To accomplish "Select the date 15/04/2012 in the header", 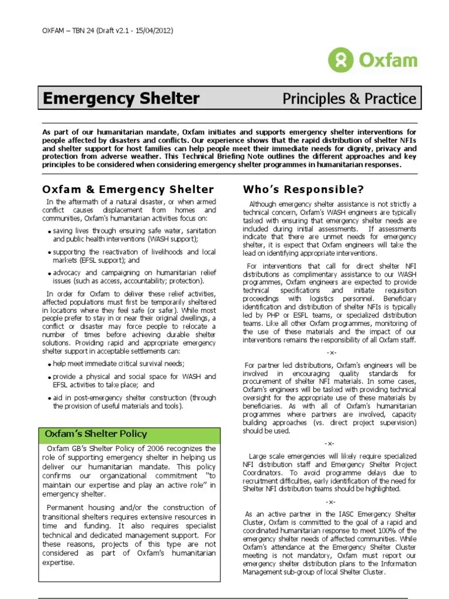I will tap(152, 30).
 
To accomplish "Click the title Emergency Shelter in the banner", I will tap(122, 99).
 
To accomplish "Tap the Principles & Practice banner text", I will tap(349, 99).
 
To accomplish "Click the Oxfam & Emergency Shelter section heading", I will tap(128, 189).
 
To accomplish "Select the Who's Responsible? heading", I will tap(303, 189).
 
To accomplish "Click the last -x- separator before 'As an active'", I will tap(331, 502).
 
